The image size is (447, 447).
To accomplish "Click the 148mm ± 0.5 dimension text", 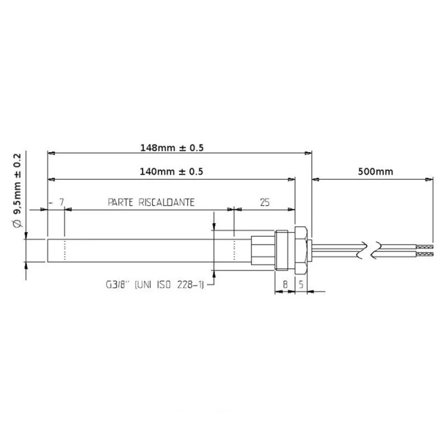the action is pyautogui.click(x=172, y=148).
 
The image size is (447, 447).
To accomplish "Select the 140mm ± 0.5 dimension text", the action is pyautogui.click(x=171, y=171).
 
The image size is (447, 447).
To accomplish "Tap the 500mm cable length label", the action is pyautogui.click(x=375, y=171).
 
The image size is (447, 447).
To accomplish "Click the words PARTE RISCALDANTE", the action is pyautogui.click(x=151, y=202).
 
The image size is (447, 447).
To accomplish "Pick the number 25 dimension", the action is pyautogui.click(x=265, y=202).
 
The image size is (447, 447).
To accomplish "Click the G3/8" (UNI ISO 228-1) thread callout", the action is pyautogui.click(x=155, y=285).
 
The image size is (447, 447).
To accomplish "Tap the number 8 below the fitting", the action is pyautogui.click(x=285, y=284).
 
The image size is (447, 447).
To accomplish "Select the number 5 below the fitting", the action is pyautogui.click(x=301, y=284).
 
